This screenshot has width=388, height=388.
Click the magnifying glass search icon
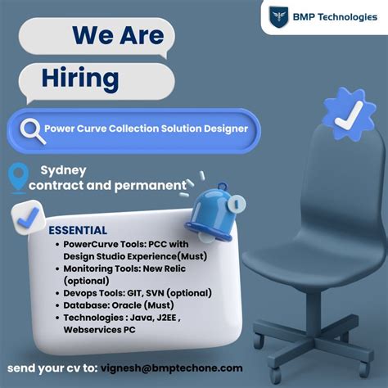click(32, 128)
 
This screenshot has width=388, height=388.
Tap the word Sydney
click(63, 170)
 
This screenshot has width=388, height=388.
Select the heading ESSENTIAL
click(79, 230)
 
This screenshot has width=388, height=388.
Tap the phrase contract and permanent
click(107, 185)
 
